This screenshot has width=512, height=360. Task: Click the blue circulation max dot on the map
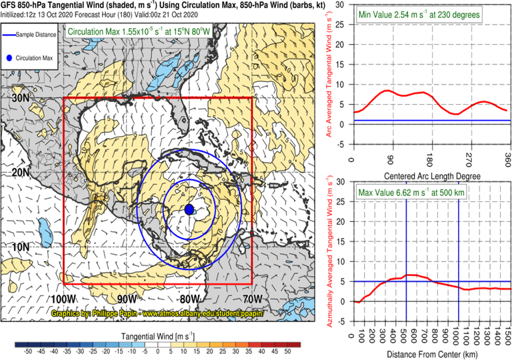tap(189, 209)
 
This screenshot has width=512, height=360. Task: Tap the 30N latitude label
tap(19, 97)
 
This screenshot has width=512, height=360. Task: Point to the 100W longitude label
tap(62, 297)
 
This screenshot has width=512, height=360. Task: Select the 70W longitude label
tap(253, 297)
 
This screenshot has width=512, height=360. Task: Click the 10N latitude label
tap(19, 247)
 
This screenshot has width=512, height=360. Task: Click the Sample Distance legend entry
tap(30, 37)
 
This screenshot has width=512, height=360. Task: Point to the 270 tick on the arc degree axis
tap(467, 159)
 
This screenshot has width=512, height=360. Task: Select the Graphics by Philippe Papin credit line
tap(157, 313)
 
